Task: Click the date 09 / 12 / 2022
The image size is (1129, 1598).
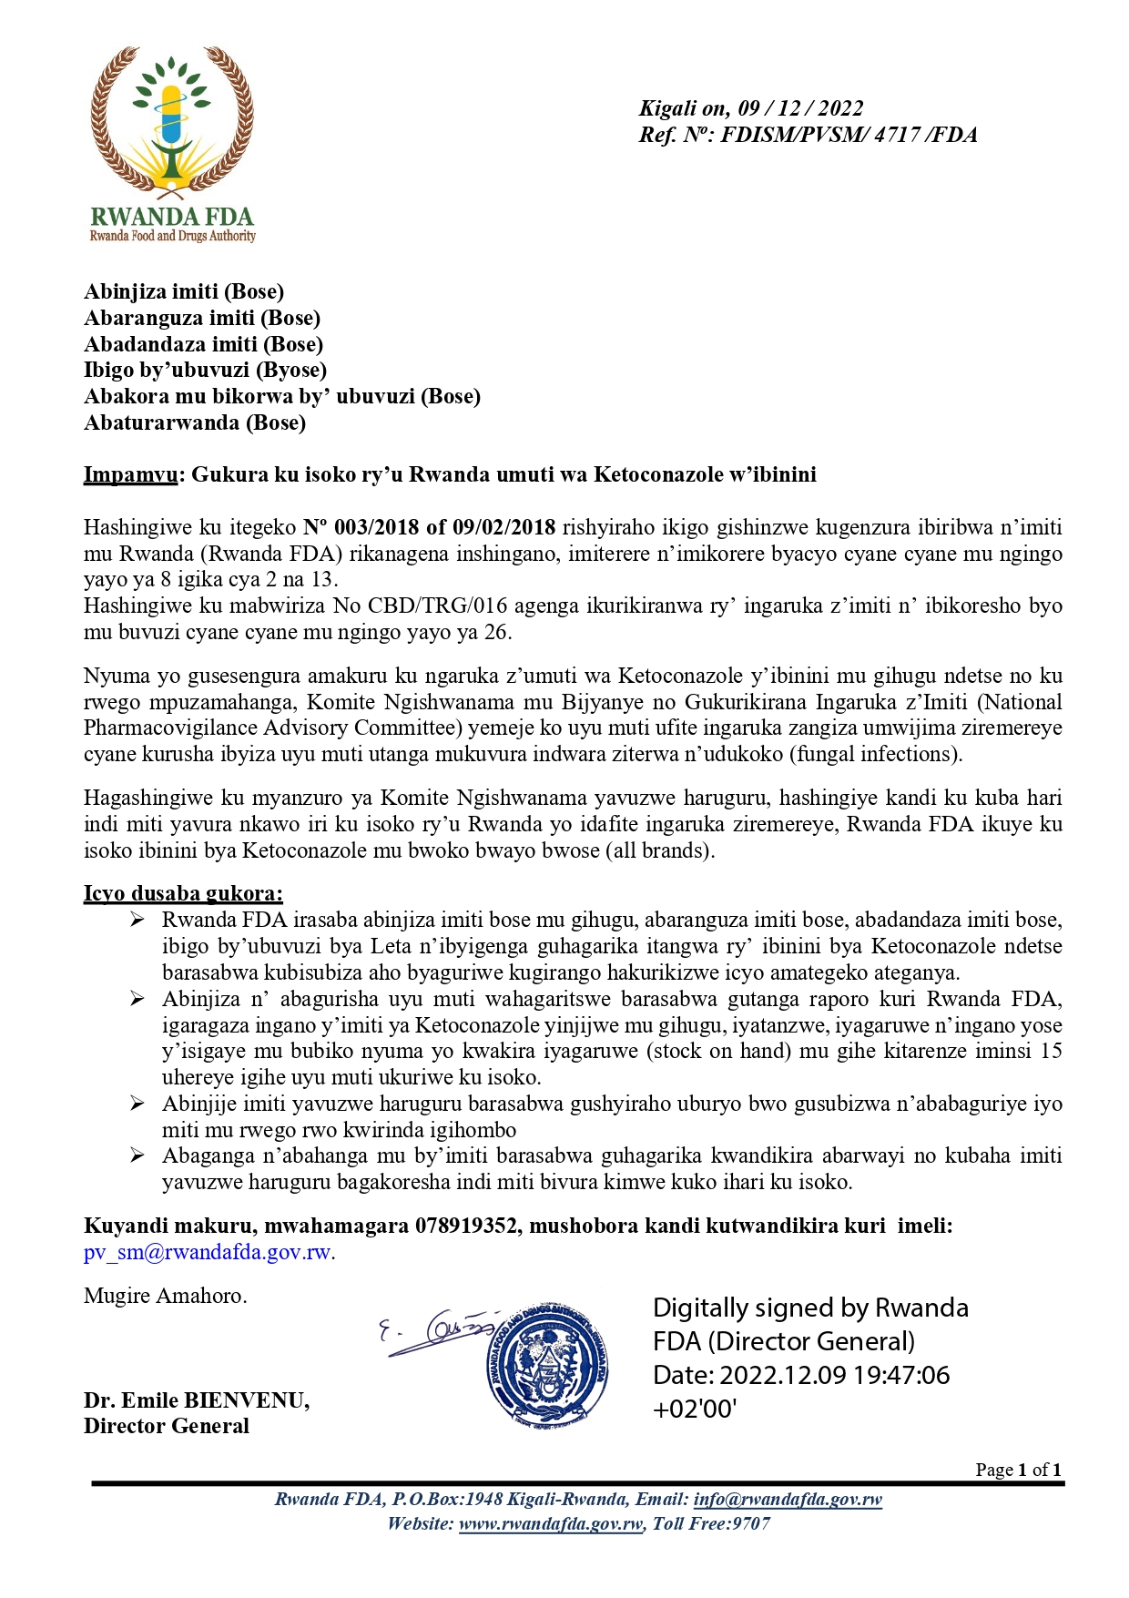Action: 800,108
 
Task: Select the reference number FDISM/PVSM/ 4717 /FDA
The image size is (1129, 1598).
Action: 849,136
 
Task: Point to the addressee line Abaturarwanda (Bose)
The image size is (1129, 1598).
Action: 195,422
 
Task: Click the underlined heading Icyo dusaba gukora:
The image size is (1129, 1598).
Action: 183,893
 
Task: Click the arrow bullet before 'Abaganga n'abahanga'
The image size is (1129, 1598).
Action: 137,1156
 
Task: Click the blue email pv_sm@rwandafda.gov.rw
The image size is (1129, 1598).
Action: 208,1252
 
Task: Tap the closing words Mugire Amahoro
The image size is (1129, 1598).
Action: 165,1296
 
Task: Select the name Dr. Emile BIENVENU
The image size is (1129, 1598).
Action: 196,1400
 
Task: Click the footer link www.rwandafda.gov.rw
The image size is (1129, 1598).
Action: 552,1524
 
